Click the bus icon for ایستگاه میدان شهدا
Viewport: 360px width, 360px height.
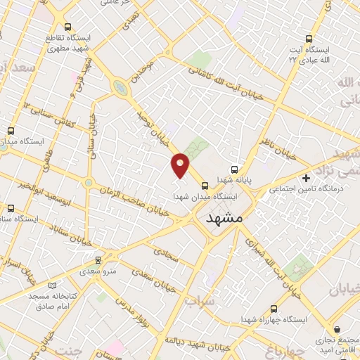pyautogui.click(x=205, y=186)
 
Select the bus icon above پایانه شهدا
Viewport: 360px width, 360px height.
pyautogui.click(x=235, y=169)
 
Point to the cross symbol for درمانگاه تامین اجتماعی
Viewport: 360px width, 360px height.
pyautogui.click(x=305, y=177)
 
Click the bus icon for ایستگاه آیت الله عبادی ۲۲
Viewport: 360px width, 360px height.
pyautogui.click(x=307, y=39)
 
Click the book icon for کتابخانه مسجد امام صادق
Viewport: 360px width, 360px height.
pyautogui.click(x=52, y=285)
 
